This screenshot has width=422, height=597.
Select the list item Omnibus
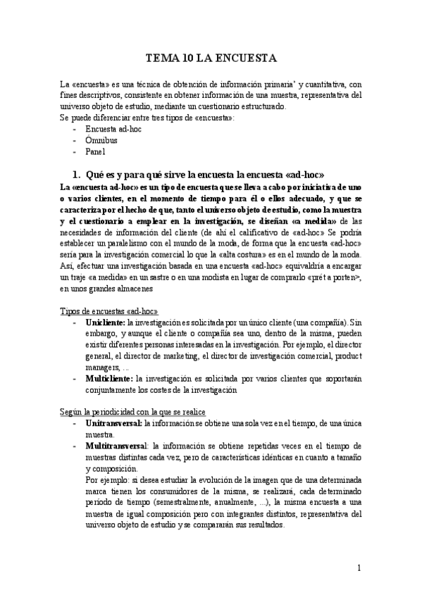coord(101,139)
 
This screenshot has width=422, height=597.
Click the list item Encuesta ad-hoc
coord(112,129)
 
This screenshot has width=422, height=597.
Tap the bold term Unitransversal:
coord(113,423)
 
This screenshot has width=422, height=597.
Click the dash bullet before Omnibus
coord(75,139)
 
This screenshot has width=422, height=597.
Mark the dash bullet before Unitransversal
coord(75,423)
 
